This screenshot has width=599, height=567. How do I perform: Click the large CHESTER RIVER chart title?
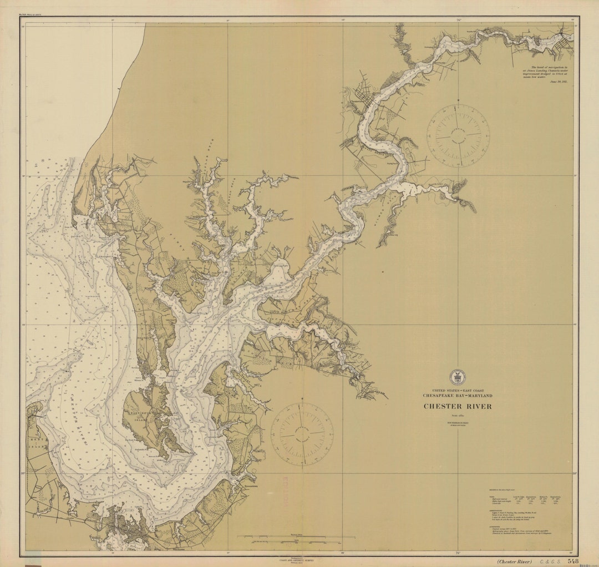point(458,406)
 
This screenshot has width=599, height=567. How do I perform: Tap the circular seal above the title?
point(458,377)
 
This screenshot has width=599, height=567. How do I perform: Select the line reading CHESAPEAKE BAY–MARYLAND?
point(458,396)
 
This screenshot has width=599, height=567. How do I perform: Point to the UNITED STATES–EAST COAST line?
point(458,391)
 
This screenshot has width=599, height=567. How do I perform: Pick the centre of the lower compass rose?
point(302,433)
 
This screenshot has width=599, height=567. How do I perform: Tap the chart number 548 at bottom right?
point(573,561)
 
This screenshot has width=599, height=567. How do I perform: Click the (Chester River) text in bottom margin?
point(514,561)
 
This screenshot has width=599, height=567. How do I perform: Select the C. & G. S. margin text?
point(549,561)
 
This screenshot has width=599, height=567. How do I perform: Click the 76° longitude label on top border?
point(458,20)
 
